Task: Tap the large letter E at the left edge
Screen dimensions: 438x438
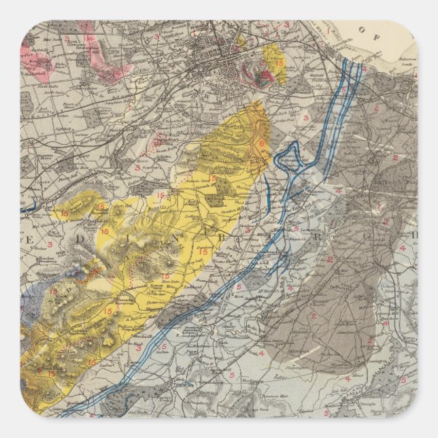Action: pos(30,240)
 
